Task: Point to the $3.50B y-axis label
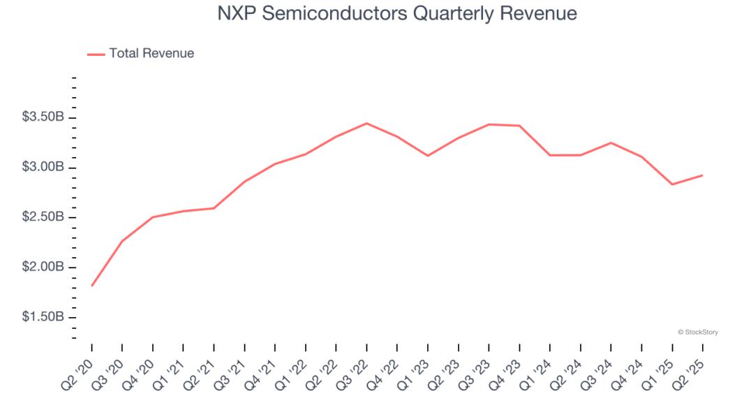[x=43, y=117]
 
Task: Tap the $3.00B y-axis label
[x=43, y=168]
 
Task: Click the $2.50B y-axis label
[x=43, y=217]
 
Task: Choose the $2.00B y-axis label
[x=43, y=267]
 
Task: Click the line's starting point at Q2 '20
[x=92, y=286]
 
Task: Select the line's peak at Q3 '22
[x=367, y=124]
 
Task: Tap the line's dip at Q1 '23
[x=428, y=156]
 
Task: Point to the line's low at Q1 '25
[x=672, y=184]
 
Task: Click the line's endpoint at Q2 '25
[x=702, y=175]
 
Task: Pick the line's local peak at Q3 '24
[x=611, y=142]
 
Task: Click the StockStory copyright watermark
[x=698, y=332]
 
